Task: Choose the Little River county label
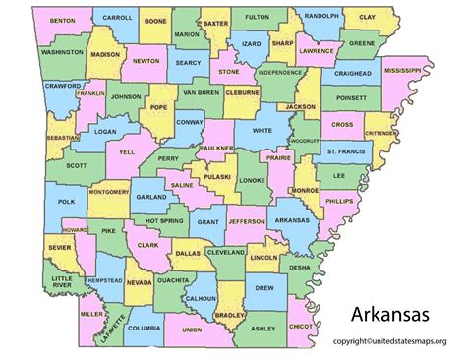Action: (63, 282)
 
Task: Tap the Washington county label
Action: (63, 50)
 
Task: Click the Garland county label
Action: (151, 197)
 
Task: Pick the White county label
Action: (261, 130)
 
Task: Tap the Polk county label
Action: (66, 201)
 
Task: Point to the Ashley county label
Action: (262, 329)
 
